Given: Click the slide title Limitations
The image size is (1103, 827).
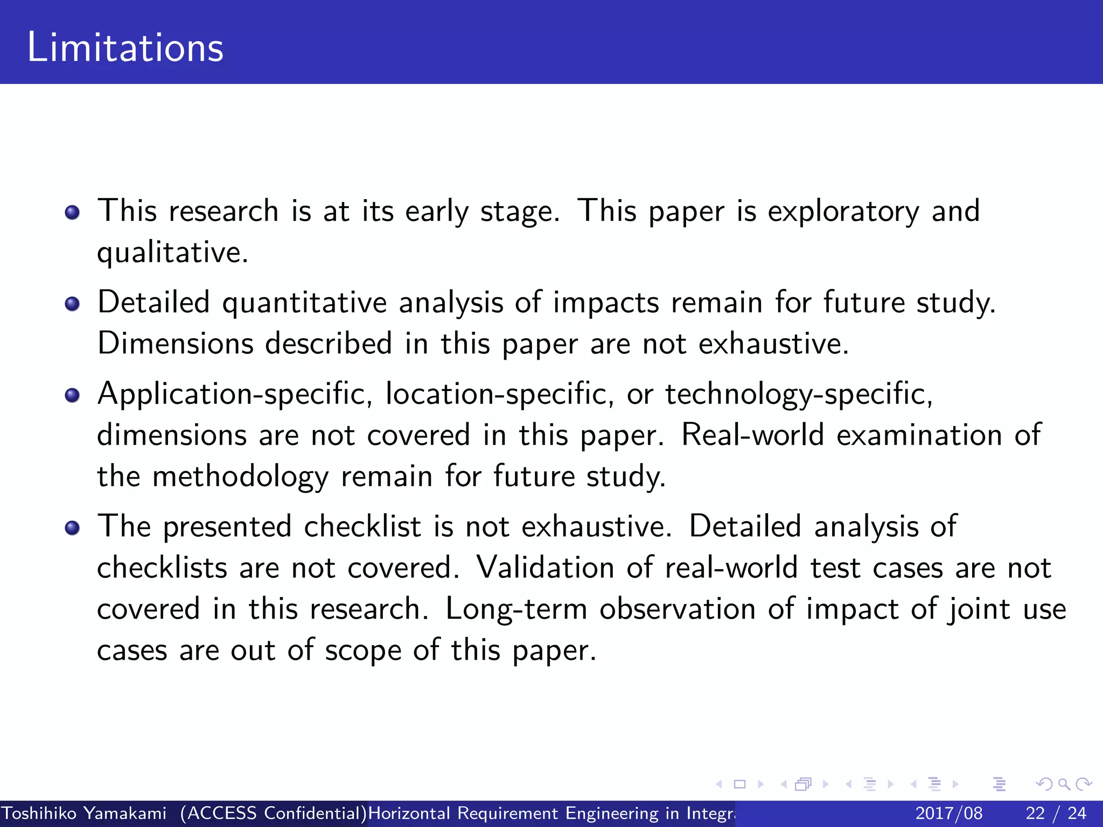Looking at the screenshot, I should (125, 47).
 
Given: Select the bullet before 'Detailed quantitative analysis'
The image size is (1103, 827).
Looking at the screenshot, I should (72, 304).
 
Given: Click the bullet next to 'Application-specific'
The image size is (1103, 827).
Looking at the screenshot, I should (72, 396).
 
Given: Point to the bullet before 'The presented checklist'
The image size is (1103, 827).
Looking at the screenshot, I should (72, 528).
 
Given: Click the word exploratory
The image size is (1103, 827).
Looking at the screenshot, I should (843, 212).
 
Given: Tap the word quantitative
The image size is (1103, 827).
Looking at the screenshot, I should (304, 303).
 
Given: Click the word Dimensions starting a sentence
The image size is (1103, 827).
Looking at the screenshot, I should (175, 344).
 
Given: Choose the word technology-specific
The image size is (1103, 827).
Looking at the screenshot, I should (799, 395).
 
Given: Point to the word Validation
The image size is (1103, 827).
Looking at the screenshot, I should (545, 568).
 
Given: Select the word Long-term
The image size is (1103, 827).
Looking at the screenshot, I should (516, 609).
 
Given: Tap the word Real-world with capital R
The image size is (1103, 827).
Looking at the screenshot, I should (752, 435).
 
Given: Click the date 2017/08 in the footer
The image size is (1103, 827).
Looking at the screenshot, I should (949, 813).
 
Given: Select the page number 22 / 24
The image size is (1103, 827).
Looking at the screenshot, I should (1056, 813).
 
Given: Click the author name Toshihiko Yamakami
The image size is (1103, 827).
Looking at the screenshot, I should (84, 813).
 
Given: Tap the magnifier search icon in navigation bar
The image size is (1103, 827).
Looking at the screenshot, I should (1064, 784).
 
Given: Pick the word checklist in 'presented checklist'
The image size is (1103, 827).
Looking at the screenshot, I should (362, 527).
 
